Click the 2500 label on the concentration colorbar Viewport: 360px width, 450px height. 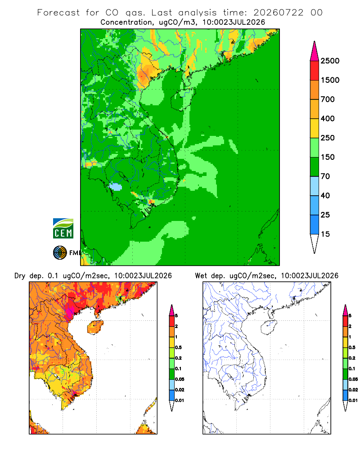tap(330, 61)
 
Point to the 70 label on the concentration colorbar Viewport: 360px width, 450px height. tap(325, 176)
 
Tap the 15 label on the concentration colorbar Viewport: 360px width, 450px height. tap(325, 234)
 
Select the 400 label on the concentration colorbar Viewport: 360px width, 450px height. tap(328, 118)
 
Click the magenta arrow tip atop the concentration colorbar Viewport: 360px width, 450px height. tap(315, 51)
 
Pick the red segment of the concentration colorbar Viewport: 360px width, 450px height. tap(315, 71)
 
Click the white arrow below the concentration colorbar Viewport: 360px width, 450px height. tap(315, 244)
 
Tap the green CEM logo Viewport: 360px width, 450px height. tap(63, 229)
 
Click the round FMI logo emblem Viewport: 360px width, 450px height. tap(60, 253)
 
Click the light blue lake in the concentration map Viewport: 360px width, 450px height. tap(116, 187)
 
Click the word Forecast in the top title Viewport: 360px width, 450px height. tap(58, 13)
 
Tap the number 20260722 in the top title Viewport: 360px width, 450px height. tap(279, 13)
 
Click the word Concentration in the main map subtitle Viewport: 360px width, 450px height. tap(126, 22)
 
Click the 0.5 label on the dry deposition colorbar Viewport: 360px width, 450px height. tap(178, 347)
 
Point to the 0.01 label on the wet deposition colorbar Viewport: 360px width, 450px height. tap(353, 400)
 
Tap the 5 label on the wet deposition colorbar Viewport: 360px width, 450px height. tap(350, 316)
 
